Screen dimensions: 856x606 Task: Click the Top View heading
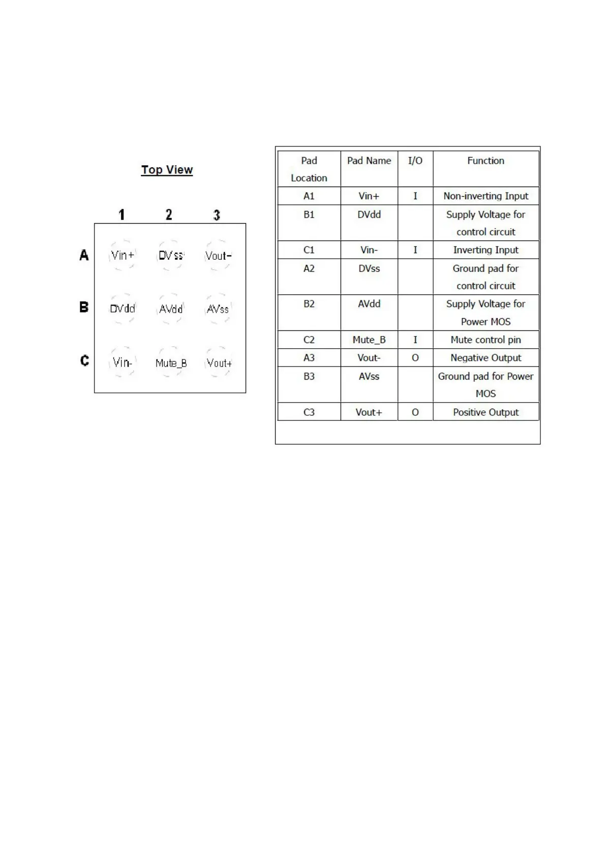tap(167, 170)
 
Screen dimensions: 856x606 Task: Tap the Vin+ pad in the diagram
tap(123, 255)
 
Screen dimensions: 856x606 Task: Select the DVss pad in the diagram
tap(170, 255)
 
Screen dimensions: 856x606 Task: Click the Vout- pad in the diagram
tap(218, 256)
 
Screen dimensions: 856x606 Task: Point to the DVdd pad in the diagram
tap(123, 309)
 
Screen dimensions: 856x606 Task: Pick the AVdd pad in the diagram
tap(171, 309)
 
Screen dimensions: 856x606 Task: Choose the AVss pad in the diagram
tap(218, 309)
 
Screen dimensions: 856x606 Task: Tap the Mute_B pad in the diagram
tap(171, 363)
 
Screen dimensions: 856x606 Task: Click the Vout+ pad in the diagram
tap(219, 363)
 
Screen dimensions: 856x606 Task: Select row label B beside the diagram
tap(84, 307)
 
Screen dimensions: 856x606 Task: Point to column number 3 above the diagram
tap(217, 215)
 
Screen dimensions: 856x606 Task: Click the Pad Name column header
tap(369, 161)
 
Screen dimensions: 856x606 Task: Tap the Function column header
tap(486, 161)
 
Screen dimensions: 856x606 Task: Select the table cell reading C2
tap(309, 340)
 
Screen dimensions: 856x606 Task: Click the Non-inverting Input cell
tap(486, 196)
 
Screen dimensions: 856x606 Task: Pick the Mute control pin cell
tap(486, 340)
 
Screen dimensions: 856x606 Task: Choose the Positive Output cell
tap(486, 412)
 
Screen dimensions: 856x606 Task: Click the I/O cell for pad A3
tap(415, 358)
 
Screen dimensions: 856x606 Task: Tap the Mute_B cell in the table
tap(369, 340)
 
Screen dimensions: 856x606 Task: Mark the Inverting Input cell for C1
tap(486, 250)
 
